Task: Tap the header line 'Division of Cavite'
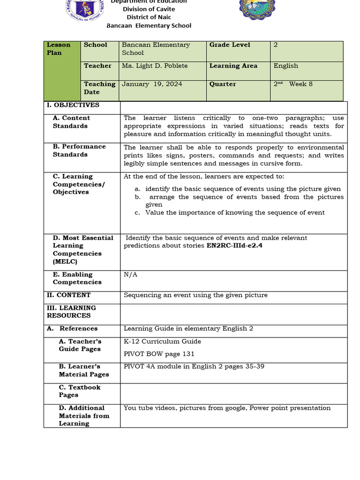point(149,9)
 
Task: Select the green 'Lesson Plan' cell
point(62,70)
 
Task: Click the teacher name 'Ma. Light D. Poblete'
point(155,66)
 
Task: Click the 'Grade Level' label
point(230,45)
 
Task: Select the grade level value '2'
point(276,45)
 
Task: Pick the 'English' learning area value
point(285,66)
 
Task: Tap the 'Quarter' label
point(223,84)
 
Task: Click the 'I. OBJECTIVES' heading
point(73,105)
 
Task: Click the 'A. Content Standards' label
point(71,122)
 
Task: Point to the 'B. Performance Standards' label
point(79,150)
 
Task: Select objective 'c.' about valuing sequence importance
point(234,213)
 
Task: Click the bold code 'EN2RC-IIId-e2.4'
point(234,246)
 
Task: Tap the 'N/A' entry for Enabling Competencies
point(130,275)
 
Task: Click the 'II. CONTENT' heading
point(68,295)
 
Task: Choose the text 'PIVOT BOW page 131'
point(159,354)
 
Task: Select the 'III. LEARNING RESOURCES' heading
point(71,312)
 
